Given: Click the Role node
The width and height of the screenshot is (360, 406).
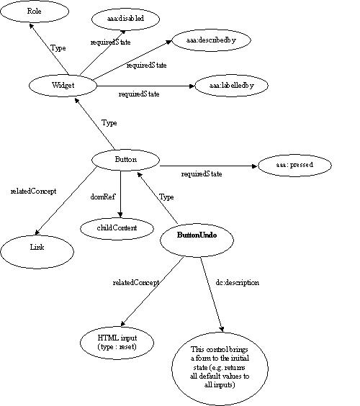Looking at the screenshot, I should point(34,13).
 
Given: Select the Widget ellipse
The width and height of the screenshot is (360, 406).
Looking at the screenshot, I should point(63,85).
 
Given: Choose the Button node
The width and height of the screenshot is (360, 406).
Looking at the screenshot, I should point(126,159).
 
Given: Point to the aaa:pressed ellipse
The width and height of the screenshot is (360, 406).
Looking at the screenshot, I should point(294,166).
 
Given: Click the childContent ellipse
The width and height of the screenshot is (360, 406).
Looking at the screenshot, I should point(118,227).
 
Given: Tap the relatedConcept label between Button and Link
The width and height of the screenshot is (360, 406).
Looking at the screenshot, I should point(32,191).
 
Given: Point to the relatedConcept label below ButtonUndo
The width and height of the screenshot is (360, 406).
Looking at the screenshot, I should point(136,283).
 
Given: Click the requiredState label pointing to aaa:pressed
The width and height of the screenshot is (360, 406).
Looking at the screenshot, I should point(202,174).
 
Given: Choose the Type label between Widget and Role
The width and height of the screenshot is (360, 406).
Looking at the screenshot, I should point(58,48).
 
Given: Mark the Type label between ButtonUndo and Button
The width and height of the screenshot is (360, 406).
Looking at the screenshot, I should point(166,196).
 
